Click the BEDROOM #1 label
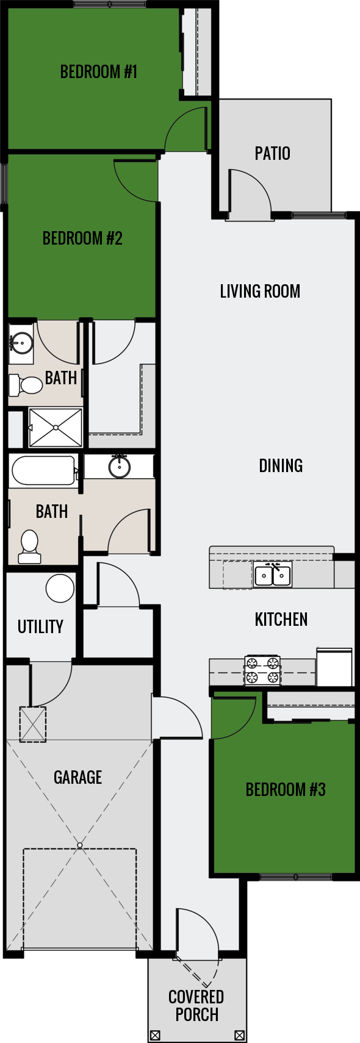point(98,72)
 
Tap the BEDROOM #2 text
point(82,238)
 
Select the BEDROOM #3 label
point(286,790)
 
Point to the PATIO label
point(272,153)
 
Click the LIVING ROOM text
point(260,291)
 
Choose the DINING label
point(281,466)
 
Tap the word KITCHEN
point(281,620)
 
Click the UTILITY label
point(40,627)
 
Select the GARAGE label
point(77,777)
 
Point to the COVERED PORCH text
point(196,1006)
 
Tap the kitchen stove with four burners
point(262,670)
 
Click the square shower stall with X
point(56,427)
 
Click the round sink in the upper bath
point(21,343)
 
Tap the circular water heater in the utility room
point(60,589)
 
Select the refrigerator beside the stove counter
point(334,667)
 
